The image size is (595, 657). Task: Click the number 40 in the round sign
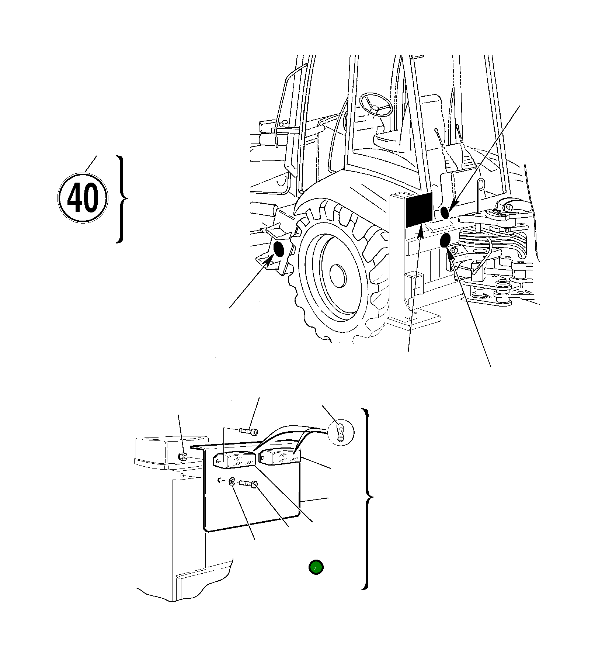pyautogui.click(x=83, y=198)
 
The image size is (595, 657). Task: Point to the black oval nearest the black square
pyautogui.click(x=445, y=212)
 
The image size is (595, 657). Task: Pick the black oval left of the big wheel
pyautogui.click(x=279, y=250)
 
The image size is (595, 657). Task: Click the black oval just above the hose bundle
pyautogui.click(x=445, y=241)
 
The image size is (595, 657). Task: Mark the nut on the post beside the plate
pyautogui.click(x=182, y=457)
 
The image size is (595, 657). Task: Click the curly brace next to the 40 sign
pyautogui.click(x=122, y=200)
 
